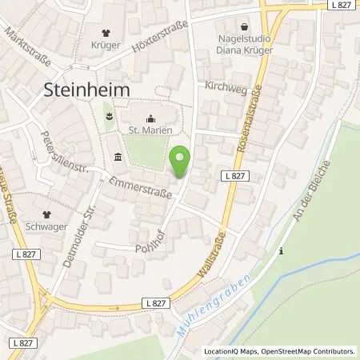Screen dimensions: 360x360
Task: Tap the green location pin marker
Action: [x=181, y=162]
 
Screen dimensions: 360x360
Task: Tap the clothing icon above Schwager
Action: [x=47, y=214]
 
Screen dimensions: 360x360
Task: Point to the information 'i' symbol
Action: [x=281, y=251]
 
